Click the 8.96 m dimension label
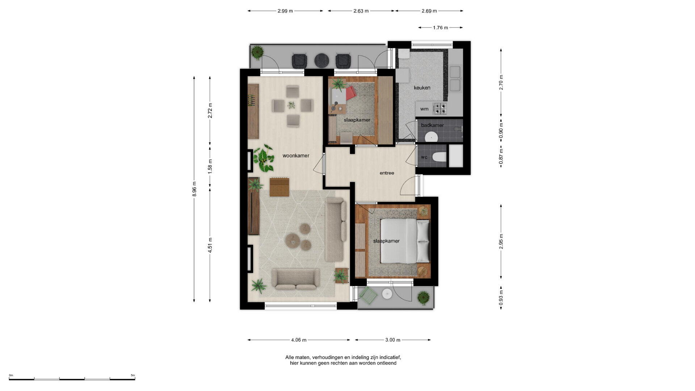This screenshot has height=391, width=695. pyautogui.click(x=194, y=189)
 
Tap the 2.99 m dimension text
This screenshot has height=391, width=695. pyautogui.click(x=285, y=11)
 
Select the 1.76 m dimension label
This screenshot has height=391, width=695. pyautogui.click(x=441, y=28)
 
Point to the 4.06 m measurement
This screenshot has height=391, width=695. pyautogui.click(x=299, y=340)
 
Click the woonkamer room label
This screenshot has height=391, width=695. pyautogui.click(x=296, y=156)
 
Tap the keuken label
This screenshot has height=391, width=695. pyautogui.click(x=422, y=88)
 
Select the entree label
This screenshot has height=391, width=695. pyautogui.click(x=387, y=173)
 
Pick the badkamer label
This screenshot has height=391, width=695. pyautogui.click(x=433, y=125)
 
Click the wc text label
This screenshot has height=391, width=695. pyautogui.click(x=424, y=157)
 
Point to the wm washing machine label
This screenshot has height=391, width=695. pyautogui.click(x=424, y=109)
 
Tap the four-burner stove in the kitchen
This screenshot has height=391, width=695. pyautogui.click(x=440, y=108)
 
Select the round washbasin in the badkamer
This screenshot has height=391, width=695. pyautogui.click(x=431, y=137)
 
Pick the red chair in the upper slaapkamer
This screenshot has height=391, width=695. pyautogui.click(x=350, y=93)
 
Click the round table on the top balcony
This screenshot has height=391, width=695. pyautogui.click(x=321, y=61)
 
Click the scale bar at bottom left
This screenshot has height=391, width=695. pyautogui.click(x=72, y=379)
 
